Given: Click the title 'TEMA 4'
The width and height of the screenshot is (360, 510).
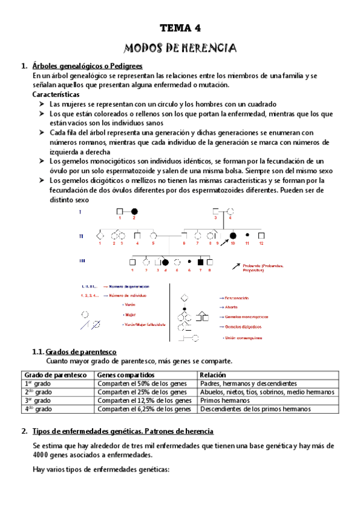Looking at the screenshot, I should [x=180, y=28].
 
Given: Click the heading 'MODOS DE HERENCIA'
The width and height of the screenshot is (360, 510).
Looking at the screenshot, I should [x=180, y=48].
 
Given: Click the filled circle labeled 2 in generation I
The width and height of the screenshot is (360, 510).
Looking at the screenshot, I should [x=135, y=212].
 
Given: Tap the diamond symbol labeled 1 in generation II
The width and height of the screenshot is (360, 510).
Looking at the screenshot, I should [x=100, y=236].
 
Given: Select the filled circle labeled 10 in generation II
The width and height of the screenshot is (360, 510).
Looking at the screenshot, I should [x=233, y=236].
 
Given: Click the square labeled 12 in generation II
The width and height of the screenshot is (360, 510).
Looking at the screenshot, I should [x=261, y=236].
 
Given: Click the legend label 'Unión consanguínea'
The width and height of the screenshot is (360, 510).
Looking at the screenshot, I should [x=243, y=338].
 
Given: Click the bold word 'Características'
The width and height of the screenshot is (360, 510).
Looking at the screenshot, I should [x=56, y=95].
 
